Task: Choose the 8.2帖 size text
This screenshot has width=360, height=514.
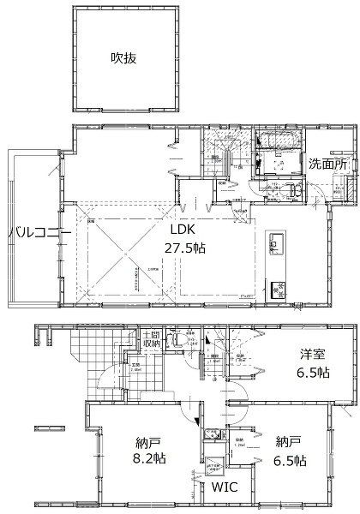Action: pyautogui.click(x=149, y=458)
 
